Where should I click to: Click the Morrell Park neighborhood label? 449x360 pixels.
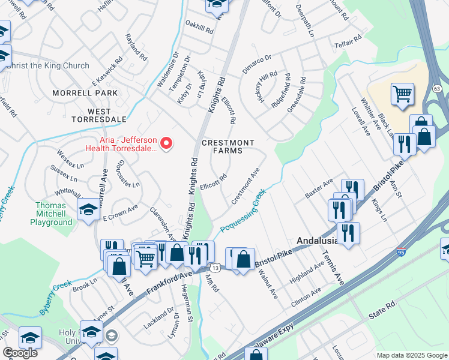pos(85,94)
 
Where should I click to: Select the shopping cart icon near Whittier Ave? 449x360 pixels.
pos(402,94)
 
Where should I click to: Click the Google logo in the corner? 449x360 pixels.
pos(20,353)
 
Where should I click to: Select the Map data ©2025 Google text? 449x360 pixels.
pos(412,355)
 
